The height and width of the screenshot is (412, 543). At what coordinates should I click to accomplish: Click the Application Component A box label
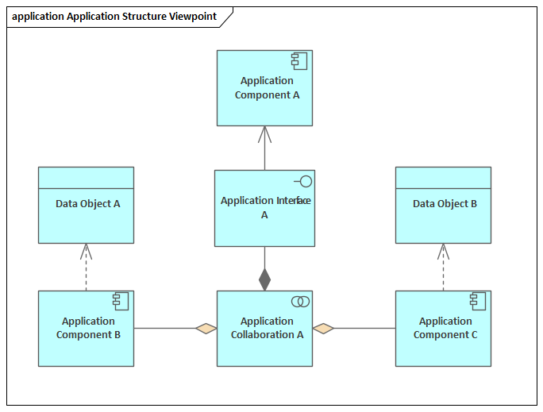click(x=267, y=88)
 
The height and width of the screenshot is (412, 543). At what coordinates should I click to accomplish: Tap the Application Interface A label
click(x=264, y=207)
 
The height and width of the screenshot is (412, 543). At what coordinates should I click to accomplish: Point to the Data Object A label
click(x=88, y=204)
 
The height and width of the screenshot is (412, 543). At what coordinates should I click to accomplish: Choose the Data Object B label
click(x=445, y=204)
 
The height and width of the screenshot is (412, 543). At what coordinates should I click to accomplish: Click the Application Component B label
click(x=88, y=328)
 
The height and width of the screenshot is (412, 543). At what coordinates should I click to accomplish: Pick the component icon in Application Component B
click(x=121, y=301)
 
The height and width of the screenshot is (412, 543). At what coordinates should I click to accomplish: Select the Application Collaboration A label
click(x=267, y=328)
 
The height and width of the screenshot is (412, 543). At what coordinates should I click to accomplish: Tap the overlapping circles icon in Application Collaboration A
click(x=300, y=302)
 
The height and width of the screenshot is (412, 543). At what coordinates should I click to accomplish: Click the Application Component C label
click(x=445, y=328)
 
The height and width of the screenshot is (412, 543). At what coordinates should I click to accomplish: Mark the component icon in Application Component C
click(x=478, y=301)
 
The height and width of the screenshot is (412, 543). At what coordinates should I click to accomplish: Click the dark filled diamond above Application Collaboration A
click(x=264, y=279)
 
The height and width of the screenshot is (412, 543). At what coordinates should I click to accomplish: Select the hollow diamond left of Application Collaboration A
click(x=206, y=328)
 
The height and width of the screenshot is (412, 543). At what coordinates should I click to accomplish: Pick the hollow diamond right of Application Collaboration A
click(x=323, y=328)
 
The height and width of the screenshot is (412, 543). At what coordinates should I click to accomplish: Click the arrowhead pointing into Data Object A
click(x=86, y=251)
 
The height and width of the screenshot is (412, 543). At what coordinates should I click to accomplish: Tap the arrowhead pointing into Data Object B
click(x=443, y=251)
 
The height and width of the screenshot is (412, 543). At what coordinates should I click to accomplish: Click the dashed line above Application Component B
click(x=86, y=275)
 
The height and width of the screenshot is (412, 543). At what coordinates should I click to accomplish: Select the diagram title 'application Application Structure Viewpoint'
click(x=114, y=17)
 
